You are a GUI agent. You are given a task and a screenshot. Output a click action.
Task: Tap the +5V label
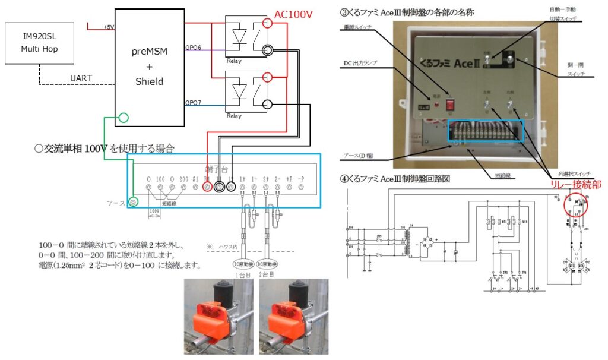(x=109, y=27)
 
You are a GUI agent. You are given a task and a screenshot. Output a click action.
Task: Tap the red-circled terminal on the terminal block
(x=207, y=187)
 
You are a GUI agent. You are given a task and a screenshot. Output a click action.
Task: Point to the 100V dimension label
(x=154, y=211)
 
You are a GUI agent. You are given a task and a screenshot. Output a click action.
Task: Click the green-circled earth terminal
(x=134, y=203)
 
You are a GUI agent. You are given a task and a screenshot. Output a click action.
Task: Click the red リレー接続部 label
(x=573, y=185)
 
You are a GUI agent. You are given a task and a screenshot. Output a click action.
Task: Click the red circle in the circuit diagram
(x=575, y=206)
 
